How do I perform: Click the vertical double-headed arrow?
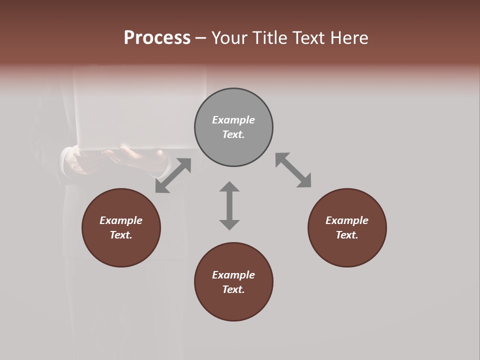pos(229,205)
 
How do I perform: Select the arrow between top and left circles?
pos(173,175)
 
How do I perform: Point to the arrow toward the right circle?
pos(293,170)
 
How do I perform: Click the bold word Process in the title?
pos(157,37)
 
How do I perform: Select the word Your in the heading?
pos(229,38)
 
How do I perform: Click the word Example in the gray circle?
pos(233,120)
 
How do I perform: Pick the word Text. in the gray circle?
pos(233,134)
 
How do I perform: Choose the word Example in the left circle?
pos(121,220)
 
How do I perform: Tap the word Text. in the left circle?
pos(121,235)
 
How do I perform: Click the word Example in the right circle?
pos(347,220)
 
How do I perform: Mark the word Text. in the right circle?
pos(347,235)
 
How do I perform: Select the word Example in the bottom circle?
pos(233,275)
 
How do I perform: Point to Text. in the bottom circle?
pos(233,289)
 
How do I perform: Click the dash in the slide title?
pos(201,38)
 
